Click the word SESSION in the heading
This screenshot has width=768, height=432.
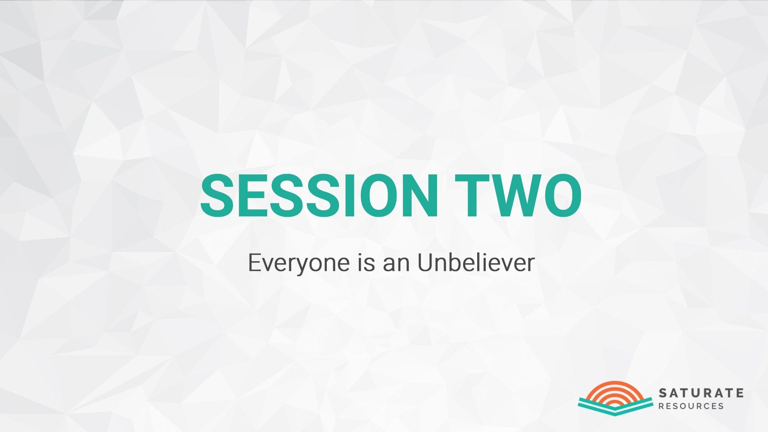pyautogui.click(x=319, y=196)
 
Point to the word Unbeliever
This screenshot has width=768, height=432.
pyautogui.click(x=476, y=263)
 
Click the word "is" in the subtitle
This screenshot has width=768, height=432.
pyautogui.click(x=366, y=263)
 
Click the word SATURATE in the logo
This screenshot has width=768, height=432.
pyautogui.click(x=701, y=393)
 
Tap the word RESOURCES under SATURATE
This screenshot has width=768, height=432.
pyautogui.click(x=691, y=406)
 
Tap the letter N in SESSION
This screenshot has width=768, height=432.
pyautogui.click(x=420, y=196)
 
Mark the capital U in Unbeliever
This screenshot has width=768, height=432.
pyautogui.click(x=426, y=263)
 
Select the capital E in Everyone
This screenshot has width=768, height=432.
pyautogui.click(x=255, y=263)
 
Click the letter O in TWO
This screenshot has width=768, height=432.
pyautogui.click(x=562, y=196)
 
